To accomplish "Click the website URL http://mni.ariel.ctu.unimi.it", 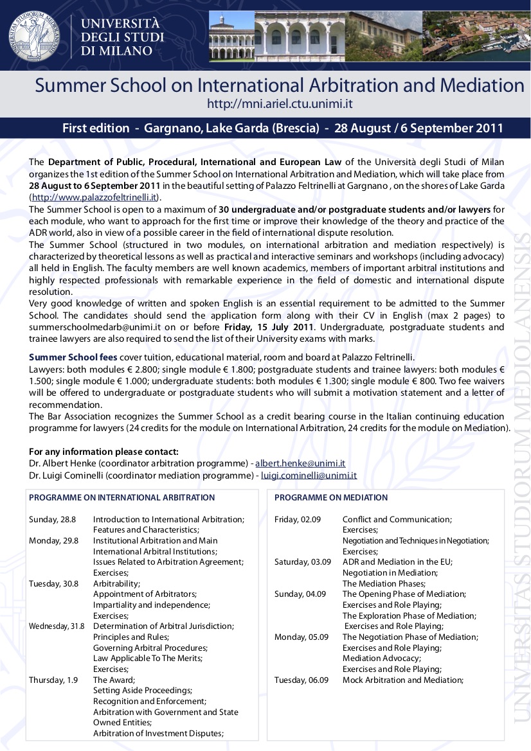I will [280, 103].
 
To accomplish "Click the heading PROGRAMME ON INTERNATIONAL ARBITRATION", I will [122, 497].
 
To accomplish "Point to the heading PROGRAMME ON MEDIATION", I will [331, 497].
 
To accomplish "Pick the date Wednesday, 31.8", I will [57, 626].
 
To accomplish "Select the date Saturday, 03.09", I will [302, 561].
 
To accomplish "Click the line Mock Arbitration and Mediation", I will [402, 680].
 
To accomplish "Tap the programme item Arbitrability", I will [114, 583].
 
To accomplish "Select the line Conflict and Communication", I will [397, 519].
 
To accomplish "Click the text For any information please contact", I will [104, 452].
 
